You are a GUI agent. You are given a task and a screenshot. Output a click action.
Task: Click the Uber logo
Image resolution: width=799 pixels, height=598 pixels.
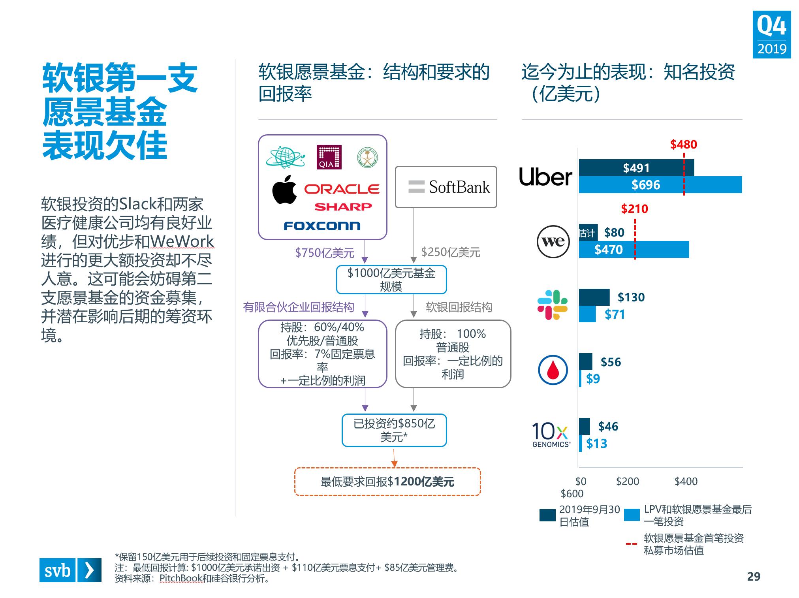click(545, 177)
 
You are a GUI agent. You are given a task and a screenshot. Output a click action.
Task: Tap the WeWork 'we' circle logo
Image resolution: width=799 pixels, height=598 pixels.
click(553, 242)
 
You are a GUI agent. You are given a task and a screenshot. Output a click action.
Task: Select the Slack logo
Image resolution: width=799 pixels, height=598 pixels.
click(552, 305)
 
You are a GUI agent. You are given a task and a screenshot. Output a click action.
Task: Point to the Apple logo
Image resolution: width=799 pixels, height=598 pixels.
click(284, 190)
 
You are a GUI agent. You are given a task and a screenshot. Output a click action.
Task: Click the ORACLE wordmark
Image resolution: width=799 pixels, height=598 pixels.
click(342, 189)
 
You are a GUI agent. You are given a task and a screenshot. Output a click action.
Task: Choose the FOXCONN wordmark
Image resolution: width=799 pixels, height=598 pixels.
click(322, 226)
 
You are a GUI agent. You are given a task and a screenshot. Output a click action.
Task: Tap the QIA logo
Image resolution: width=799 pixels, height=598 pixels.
click(329, 157)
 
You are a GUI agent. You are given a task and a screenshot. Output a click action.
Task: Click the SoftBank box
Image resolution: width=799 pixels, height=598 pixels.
click(446, 187)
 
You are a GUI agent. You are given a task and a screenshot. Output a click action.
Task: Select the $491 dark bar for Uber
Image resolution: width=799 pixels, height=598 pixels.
click(636, 168)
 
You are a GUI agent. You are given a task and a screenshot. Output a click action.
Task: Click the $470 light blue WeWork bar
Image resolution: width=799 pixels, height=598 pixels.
click(634, 250)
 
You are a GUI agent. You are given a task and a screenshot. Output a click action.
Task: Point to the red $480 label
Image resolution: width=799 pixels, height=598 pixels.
click(684, 145)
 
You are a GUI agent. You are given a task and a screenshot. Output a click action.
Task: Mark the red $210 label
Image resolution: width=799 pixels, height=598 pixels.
click(635, 209)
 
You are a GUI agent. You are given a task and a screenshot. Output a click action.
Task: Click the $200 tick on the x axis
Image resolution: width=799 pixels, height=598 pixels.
click(628, 481)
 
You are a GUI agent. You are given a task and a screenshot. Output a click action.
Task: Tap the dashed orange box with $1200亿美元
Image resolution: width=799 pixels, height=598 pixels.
click(387, 481)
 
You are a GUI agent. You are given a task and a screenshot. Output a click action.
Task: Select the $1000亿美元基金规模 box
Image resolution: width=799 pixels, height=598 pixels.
click(391, 280)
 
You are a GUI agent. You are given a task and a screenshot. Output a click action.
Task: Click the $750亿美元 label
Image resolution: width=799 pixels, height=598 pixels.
click(325, 253)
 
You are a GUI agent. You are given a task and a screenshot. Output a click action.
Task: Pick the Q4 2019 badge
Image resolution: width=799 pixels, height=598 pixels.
click(772, 35)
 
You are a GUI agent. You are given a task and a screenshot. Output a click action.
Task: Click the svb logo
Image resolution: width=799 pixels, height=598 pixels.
click(70, 570)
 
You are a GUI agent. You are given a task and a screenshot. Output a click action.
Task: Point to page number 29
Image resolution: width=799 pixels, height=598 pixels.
click(754, 577)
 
